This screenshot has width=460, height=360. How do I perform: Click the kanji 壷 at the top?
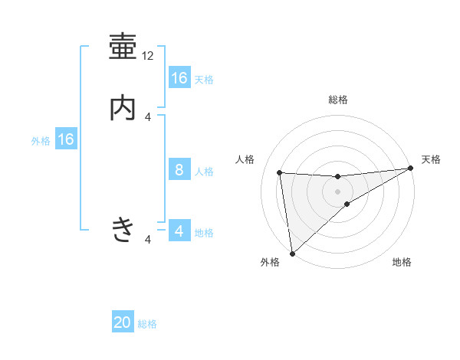123,47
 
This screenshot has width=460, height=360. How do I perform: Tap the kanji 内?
123,108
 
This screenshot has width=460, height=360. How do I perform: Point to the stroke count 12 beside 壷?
148,56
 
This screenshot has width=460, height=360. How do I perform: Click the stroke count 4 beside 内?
148,116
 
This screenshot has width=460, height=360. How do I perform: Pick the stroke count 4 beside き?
148,240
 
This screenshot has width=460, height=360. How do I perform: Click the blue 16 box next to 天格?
179,78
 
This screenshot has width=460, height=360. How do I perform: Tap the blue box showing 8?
179,170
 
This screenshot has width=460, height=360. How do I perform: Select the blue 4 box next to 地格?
179,231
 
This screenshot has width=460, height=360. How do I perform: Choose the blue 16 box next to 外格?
66,139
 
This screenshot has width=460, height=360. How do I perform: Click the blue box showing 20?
123,322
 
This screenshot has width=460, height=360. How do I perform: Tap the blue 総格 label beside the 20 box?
147,324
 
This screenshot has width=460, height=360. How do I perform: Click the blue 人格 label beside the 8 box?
204,172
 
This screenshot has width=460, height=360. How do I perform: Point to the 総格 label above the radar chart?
338,100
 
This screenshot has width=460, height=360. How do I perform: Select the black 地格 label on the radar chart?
402,263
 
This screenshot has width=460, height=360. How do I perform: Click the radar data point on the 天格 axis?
410,169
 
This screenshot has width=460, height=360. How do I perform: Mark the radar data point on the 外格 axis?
292,254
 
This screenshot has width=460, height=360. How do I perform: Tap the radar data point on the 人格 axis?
280,172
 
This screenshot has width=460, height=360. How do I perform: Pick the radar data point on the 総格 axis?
338,176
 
